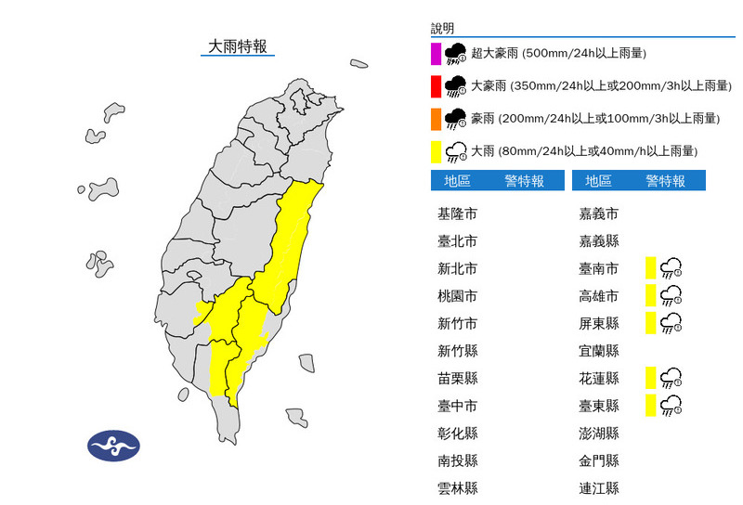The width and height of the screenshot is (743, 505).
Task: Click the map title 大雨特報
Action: (237, 45)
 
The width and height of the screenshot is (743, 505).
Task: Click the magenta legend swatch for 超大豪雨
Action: (436, 54)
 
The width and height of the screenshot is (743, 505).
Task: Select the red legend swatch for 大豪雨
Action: (436, 86)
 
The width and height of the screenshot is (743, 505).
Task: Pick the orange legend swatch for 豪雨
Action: (436, 119)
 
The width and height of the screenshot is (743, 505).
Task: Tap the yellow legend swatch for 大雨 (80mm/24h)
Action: (436, 151)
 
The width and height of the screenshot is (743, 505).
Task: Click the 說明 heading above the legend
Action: (443, 29)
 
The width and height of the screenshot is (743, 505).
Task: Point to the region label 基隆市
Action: (457, 214)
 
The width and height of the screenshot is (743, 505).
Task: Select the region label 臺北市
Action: (457, 241)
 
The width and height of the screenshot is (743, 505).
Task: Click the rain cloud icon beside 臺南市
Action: (671, 269)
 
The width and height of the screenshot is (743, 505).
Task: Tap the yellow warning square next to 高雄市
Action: (651, 296)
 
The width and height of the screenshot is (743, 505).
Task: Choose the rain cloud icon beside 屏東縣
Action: (671, 323)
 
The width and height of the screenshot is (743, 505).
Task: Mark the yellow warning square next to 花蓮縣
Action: (651, 378)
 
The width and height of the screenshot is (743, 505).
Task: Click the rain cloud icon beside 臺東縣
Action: (671, 405)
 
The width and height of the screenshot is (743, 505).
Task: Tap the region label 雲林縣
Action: (457, 487)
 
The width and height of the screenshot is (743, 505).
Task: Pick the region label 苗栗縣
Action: (457, 378)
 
